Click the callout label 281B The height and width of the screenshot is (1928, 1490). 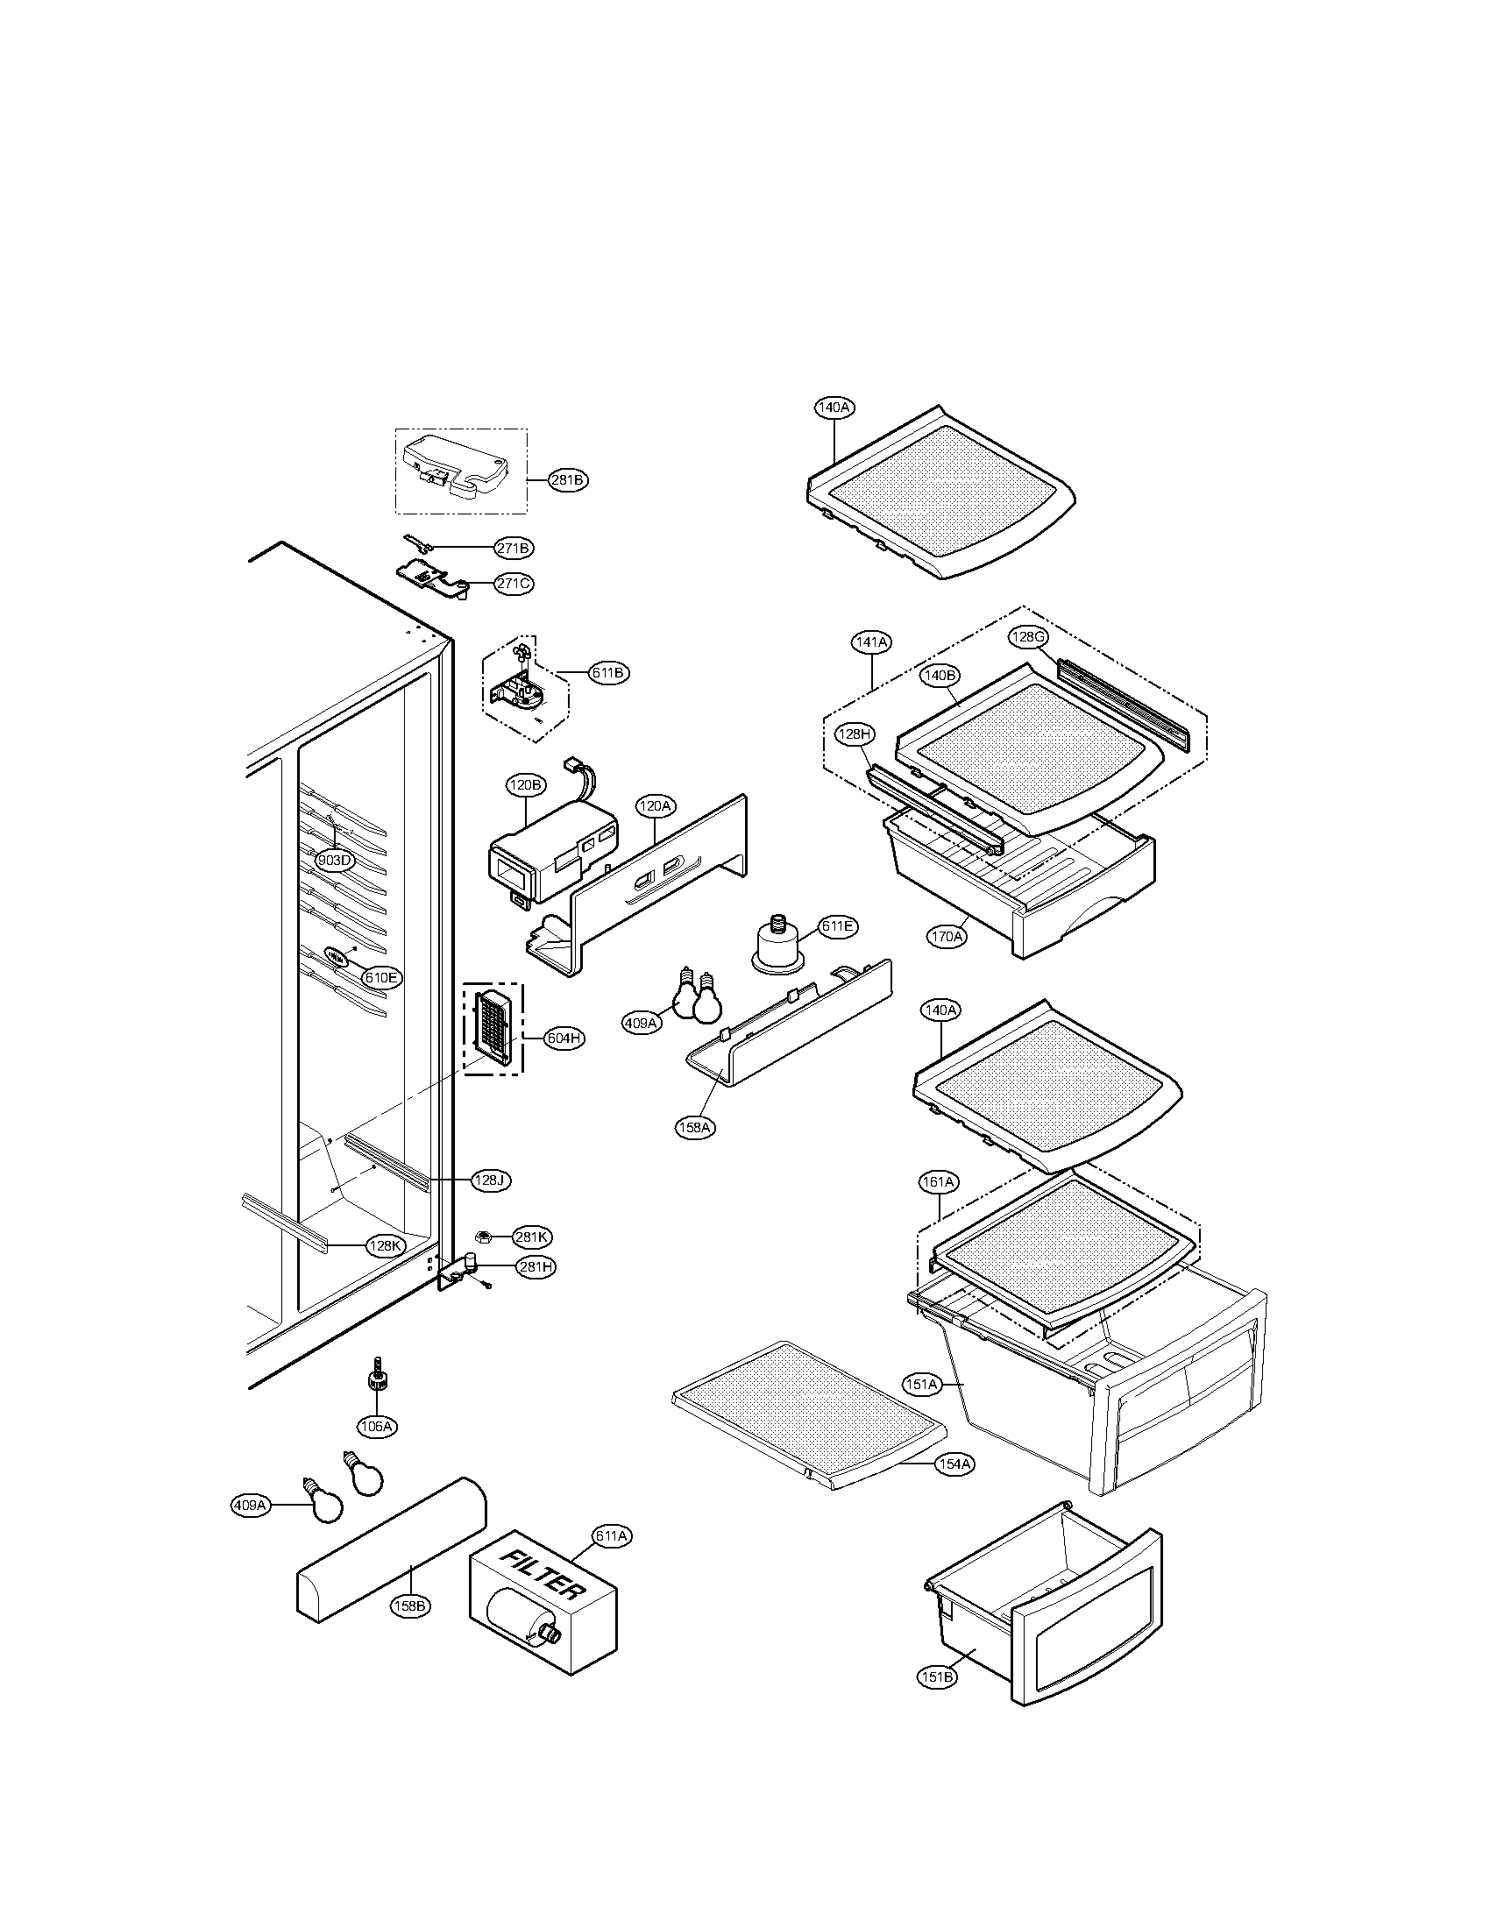coord(567,480)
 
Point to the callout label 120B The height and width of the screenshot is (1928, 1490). coord(526,785)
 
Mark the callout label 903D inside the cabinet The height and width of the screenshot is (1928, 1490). coord(336,861)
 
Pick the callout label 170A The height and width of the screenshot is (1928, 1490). coord(947,937)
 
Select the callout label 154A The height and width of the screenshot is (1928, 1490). coord(954,1464)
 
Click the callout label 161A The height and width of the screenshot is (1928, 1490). coord(939,1181)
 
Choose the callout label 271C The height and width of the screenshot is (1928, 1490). coord(513,584)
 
